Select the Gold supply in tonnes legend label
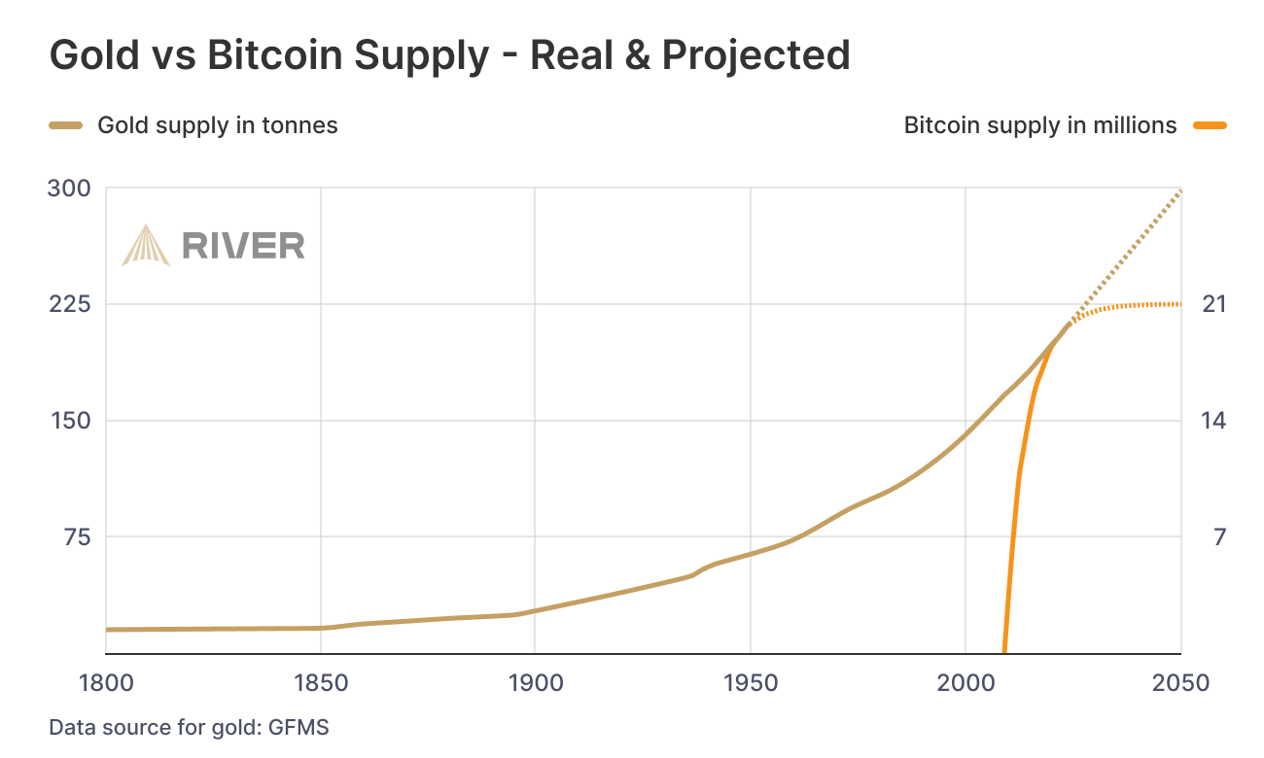point(218,125)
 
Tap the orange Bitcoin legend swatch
point(1210,125)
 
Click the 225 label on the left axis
point(69,304)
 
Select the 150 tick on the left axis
point(69,421)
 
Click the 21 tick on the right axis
point(1214,304)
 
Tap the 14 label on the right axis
point(1214,421)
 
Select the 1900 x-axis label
point(535,683)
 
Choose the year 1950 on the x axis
point(750,683)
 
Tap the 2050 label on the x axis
point(1180,683)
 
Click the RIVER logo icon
point(145,245)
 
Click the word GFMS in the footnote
point(299,728)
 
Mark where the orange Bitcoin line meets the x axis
point(1003,652)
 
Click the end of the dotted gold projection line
point(1180,189)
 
